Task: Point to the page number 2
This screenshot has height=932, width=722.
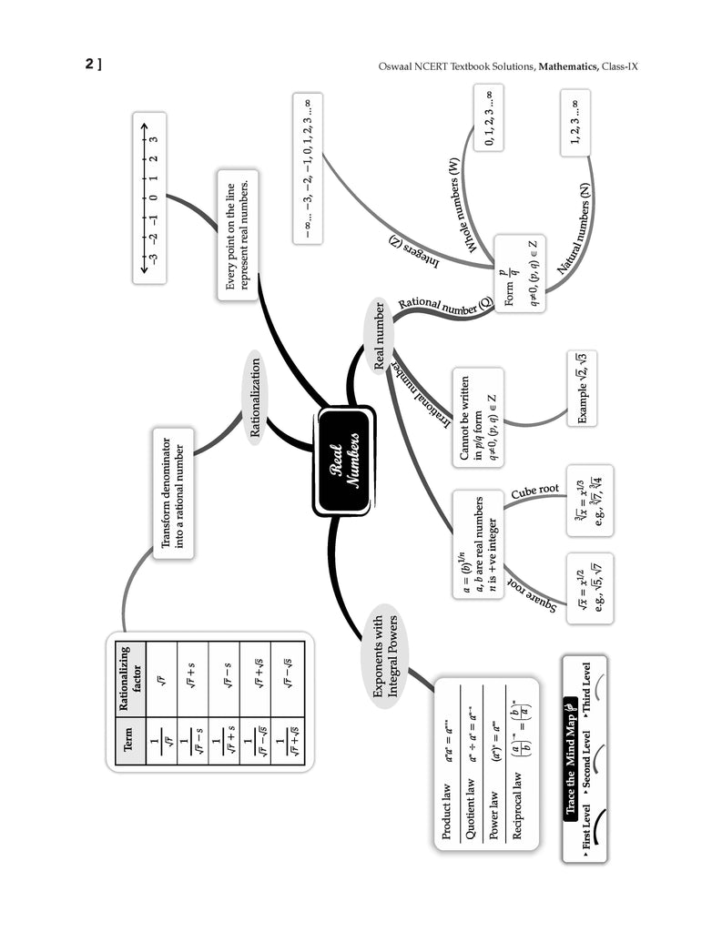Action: coord(91,64)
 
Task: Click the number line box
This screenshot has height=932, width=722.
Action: coord(149,198)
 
